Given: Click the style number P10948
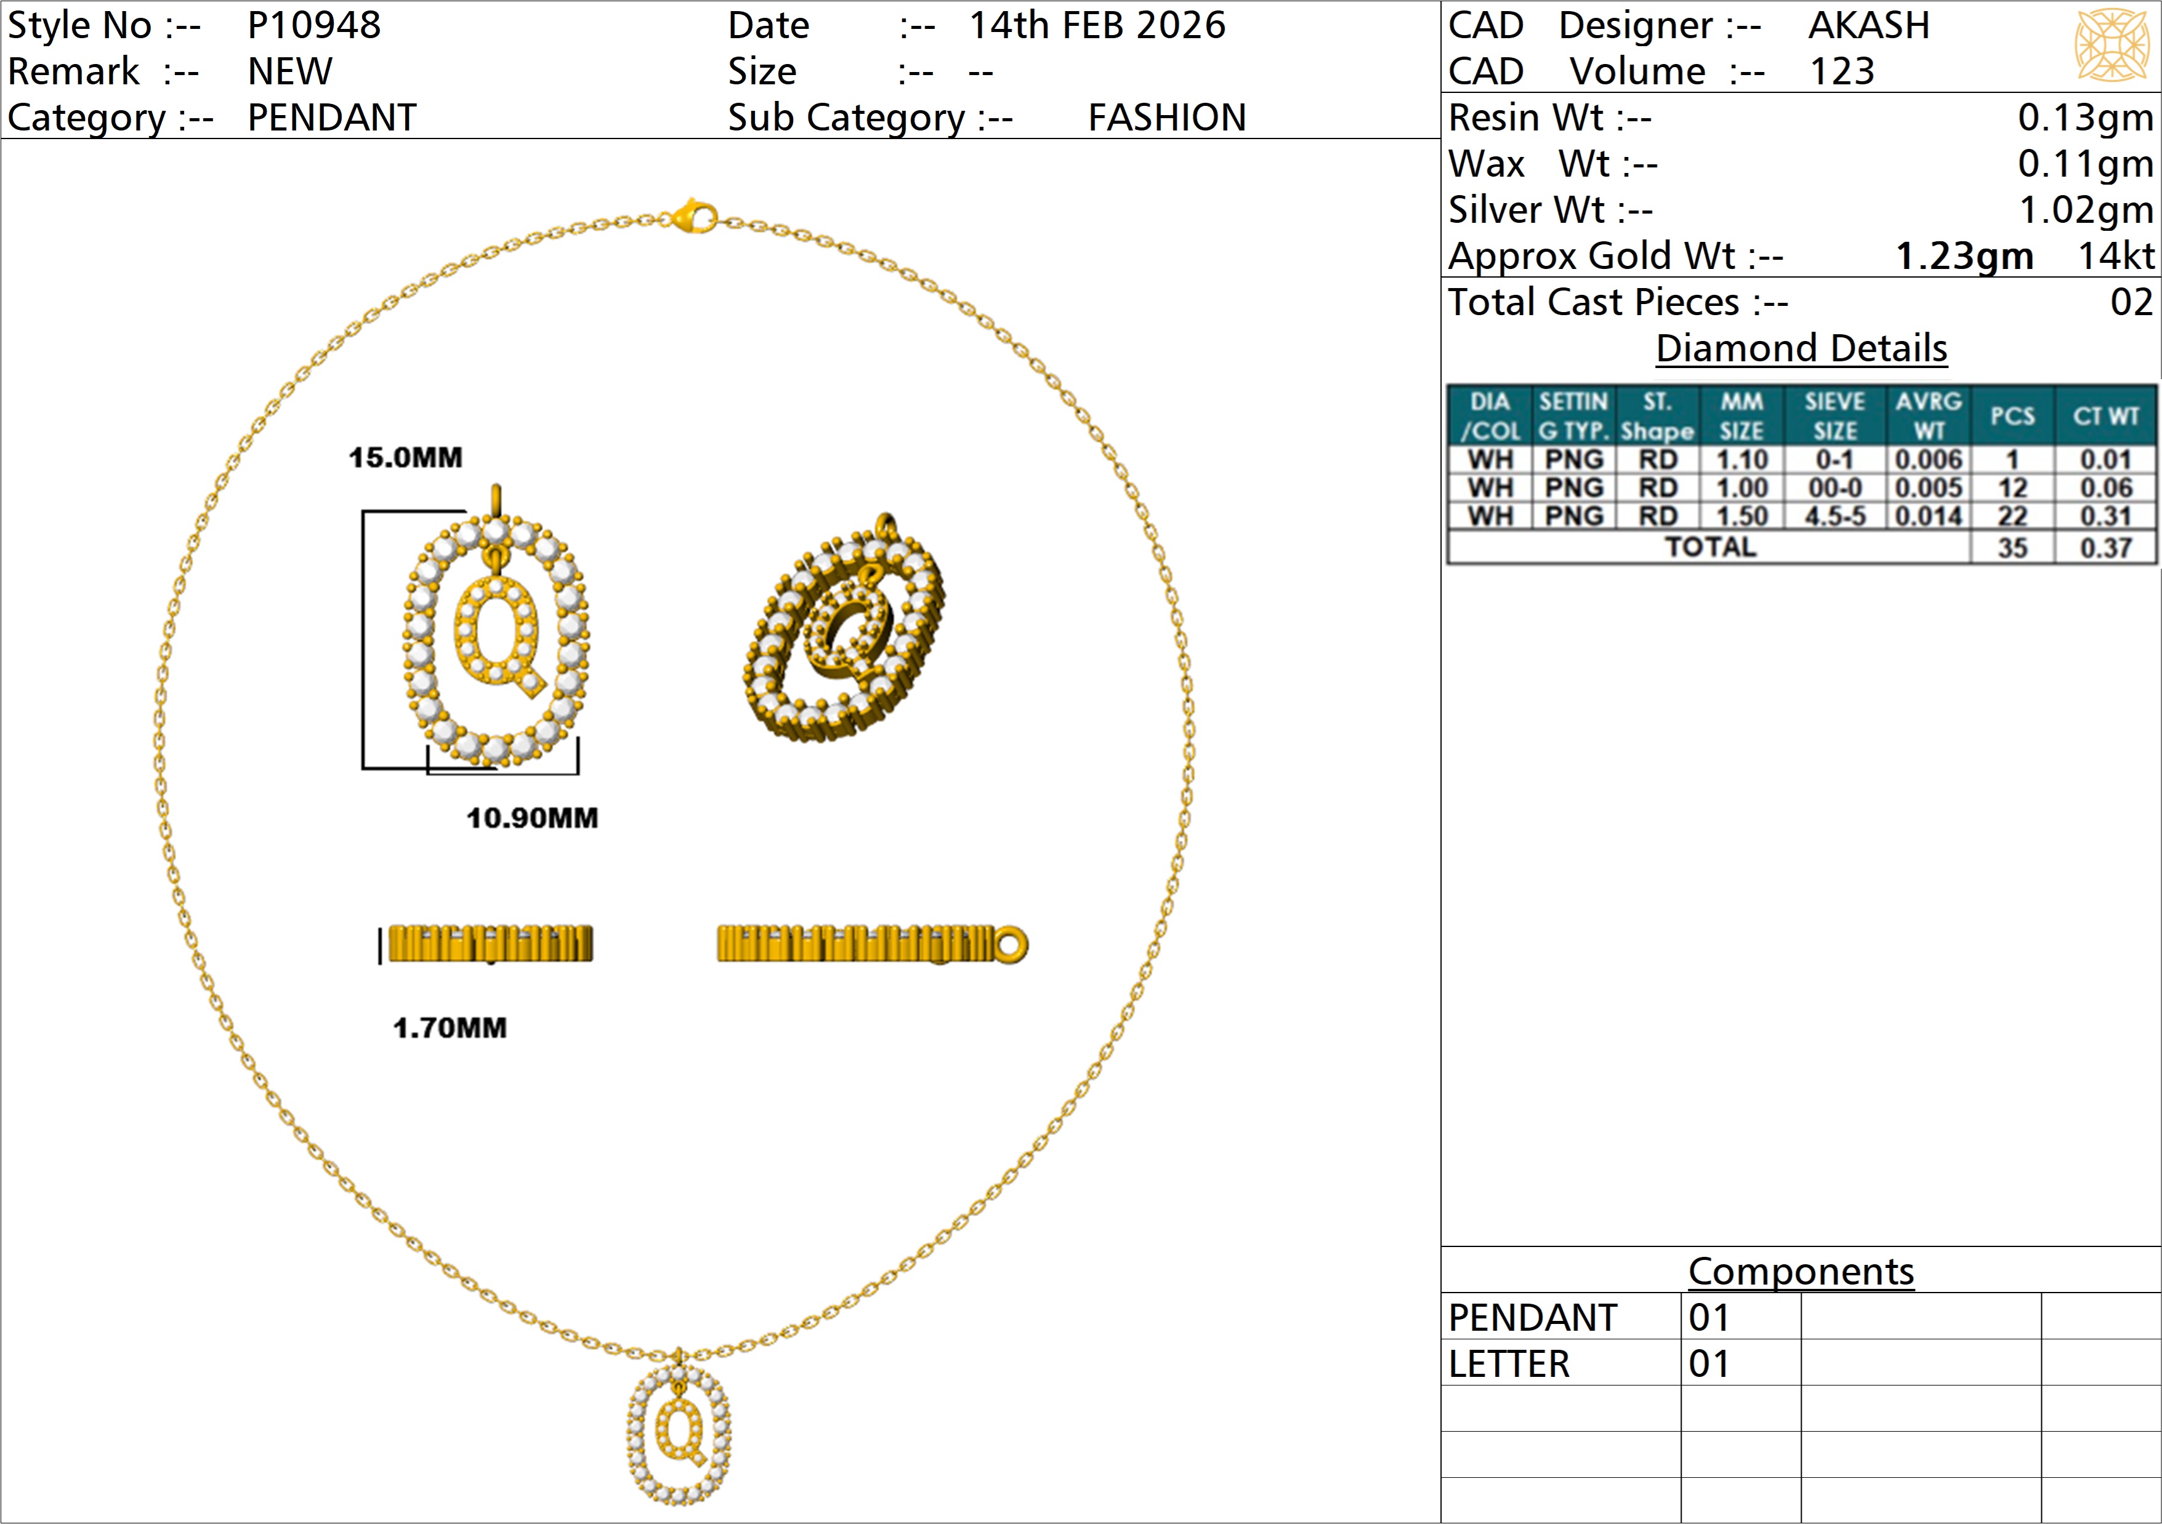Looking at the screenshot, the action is [x=313, y=25].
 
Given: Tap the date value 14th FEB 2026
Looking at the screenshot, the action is [x=1097, y=25].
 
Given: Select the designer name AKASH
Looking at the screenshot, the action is [x=1868, y=25].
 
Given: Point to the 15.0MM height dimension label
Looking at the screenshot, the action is [x=406, y=457].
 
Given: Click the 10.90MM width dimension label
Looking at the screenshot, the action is [x=532, y=817].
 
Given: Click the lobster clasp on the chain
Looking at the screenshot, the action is [x=695, y=217].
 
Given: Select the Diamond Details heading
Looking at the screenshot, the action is [x=1801, y=348].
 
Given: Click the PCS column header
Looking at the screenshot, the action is [x=2012, y=416].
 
